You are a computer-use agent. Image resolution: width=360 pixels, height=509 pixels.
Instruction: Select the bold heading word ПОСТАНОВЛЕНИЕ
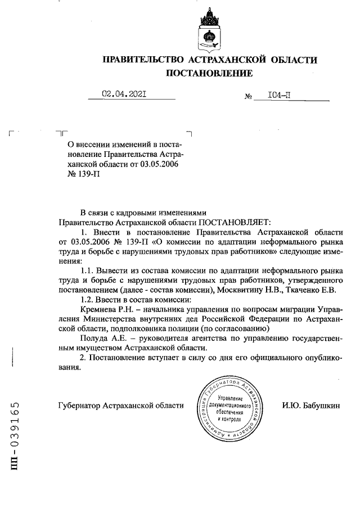(209, 73)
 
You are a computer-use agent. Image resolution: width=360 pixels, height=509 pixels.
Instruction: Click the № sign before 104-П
(247, 97)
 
